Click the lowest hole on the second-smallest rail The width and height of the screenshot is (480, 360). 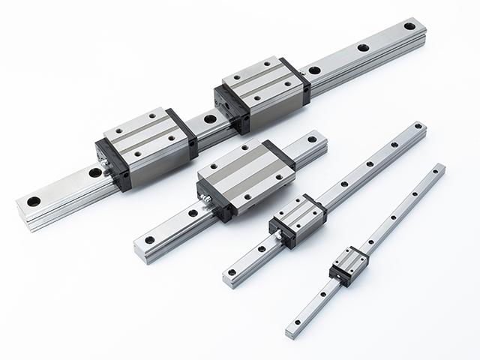point(232,271)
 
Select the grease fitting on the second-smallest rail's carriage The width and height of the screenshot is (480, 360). point(274,234)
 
